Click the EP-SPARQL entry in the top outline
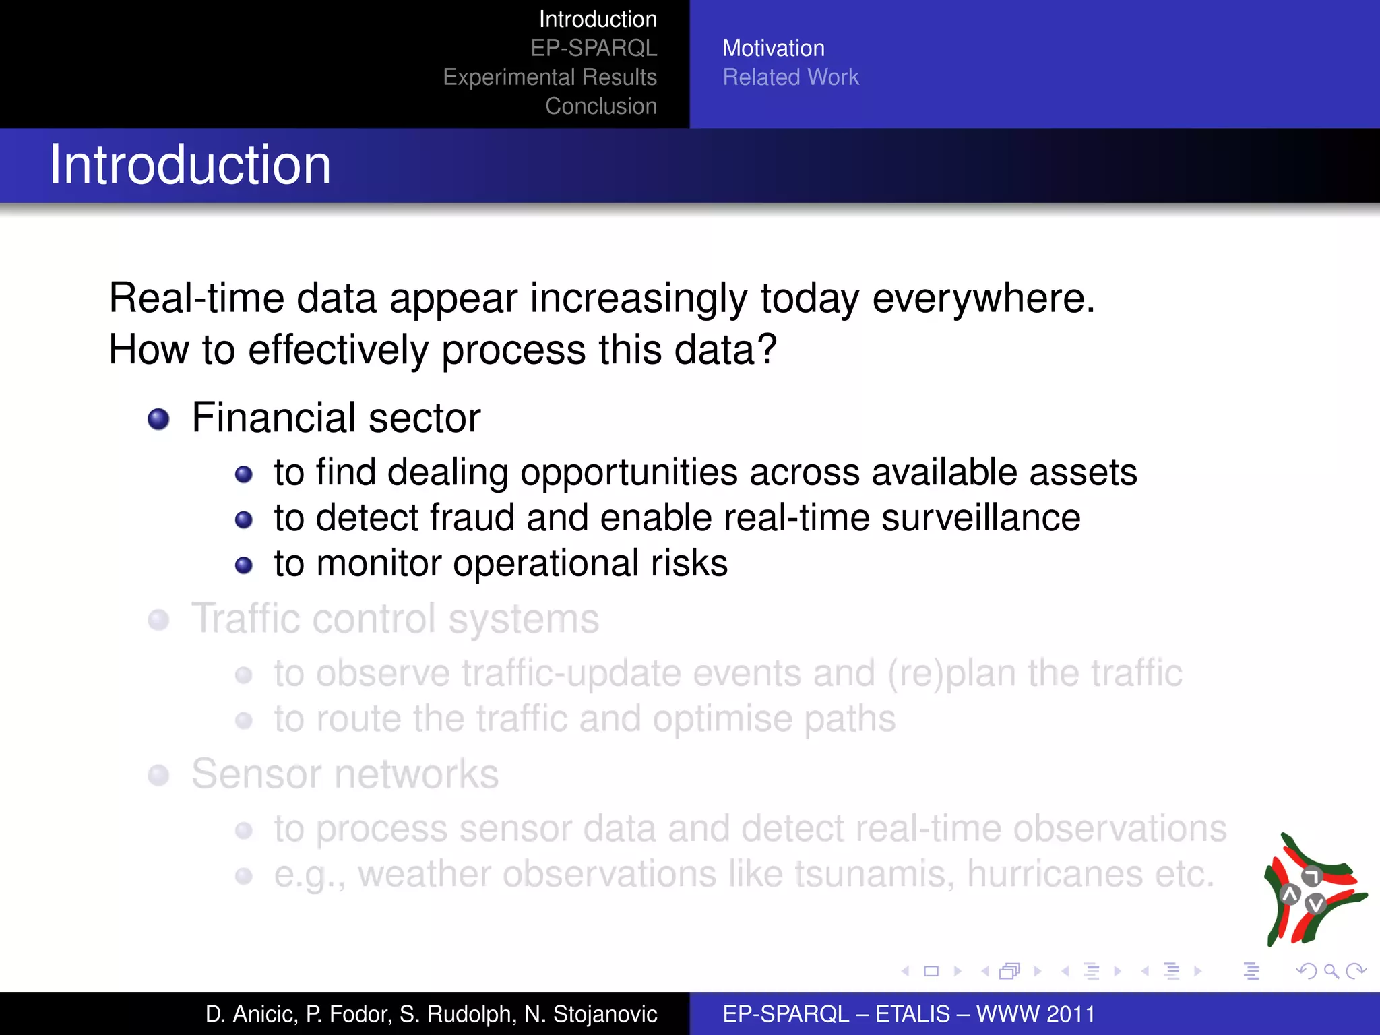[x=593, y=49]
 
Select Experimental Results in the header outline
[x=549, y=77]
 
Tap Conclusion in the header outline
[x=600, y=106]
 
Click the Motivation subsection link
[x=773, y=49]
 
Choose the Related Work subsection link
[x=790, y=77]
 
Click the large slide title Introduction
[x=190, y=165]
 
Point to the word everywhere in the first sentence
[x=983, y=298]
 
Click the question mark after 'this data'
[x=767, y=349]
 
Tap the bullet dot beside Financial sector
[x=158, y=419]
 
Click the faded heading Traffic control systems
[x=395, y=619]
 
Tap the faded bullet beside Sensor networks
[x=158, y=775]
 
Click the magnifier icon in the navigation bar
[x=1331, y=971]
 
